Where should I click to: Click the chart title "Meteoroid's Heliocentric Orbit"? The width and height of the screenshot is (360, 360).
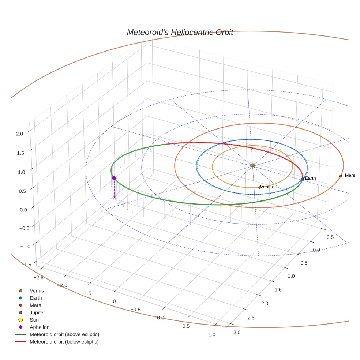click(x=180, y=33)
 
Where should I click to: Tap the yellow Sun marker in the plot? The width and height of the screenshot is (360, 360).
click(x=252, y=166)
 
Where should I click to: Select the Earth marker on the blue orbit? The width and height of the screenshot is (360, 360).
click(x=302, y=179)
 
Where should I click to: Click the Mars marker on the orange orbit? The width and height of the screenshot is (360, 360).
click(x=340, y=176)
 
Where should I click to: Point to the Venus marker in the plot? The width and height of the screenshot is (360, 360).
click(x=260, y=187)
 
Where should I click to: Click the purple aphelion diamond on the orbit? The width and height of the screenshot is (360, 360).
click(x=114, y=178)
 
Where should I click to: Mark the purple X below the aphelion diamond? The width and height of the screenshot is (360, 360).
click(x=115, y=197)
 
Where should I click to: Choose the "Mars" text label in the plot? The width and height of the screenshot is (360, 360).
click(x=350, y=176)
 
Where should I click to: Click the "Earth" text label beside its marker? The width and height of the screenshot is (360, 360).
click(x=310, y=178)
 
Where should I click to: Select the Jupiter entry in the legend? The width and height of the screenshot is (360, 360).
click(x=37, y=312)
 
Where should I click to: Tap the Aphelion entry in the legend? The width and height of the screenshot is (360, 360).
click(x=39, y=327)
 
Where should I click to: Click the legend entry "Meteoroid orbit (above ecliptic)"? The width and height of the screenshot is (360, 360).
click(x=64, y=334)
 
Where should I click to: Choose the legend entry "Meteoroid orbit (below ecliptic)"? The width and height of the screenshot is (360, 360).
click(x=64, y=342)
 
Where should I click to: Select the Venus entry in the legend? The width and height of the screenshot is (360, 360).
click(x=37, y=290)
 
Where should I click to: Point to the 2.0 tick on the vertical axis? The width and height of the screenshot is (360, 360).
click(x=19, y=134)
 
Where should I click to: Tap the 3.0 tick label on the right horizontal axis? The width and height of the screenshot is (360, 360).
click(x=237, y=332)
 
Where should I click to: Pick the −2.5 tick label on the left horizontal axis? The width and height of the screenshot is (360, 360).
click(x=38, y=277)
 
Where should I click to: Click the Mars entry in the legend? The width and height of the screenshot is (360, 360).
click(x=35, y=305)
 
